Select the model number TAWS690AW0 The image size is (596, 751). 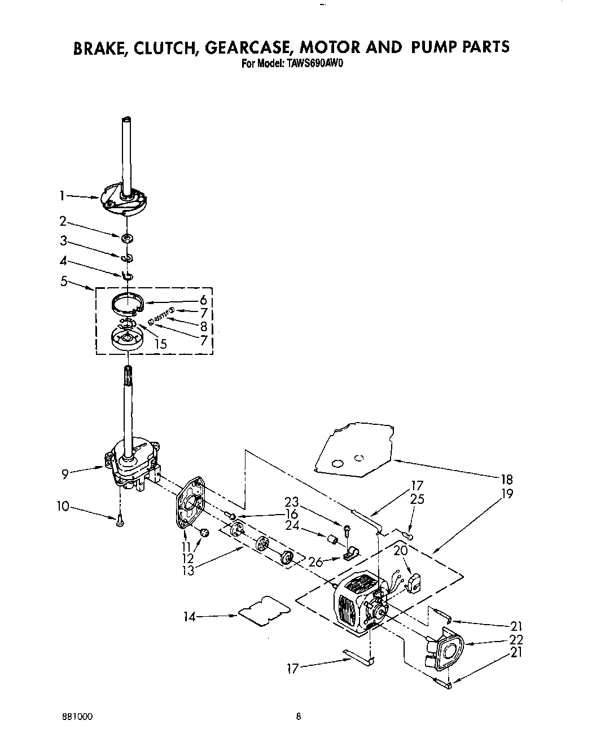tap(315, 64)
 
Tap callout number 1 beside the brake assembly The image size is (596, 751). tap(63, 196)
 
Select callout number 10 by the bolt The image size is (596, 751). tap(62, 507)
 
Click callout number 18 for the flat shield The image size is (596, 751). tap(506, 480)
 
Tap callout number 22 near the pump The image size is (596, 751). tap(515, 639)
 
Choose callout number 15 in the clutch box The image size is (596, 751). tap(161, 343)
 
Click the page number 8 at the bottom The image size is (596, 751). tap(299, 717)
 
